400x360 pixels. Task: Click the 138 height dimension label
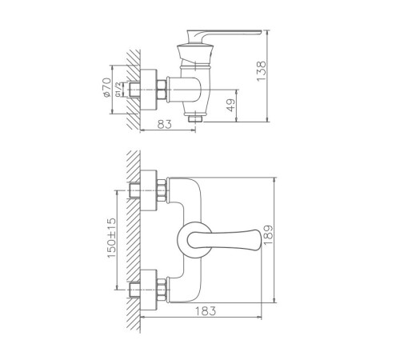[x=262, y=71]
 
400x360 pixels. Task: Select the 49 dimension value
[x=231, y=105]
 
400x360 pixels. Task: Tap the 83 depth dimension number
[x=165, y=124]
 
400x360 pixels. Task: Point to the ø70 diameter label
[x=106, y=87]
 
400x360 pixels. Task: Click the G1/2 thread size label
[x=118, y=90]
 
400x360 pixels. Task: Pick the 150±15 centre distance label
[x=111, y=238]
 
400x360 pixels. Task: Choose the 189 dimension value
[x=268, y=235]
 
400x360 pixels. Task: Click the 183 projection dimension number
[x=206, y=310]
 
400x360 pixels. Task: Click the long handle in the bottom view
[x=225, y=238]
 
